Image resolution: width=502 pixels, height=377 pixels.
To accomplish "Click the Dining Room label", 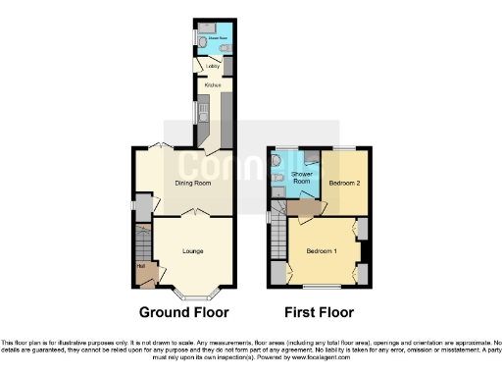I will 193,183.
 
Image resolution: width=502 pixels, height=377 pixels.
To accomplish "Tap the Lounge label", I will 192,250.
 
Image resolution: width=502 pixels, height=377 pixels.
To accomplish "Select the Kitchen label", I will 212,85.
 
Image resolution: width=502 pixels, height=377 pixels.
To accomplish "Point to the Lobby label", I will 211,67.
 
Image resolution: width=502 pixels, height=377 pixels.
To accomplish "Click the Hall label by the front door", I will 140,265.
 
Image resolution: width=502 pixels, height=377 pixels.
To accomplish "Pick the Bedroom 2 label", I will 344,183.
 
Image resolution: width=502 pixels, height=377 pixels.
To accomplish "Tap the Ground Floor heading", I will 183,312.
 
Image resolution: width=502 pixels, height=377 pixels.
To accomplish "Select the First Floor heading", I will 319,312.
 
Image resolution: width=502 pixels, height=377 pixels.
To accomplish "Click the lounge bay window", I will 192,293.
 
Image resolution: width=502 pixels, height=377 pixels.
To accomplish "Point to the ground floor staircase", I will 142,242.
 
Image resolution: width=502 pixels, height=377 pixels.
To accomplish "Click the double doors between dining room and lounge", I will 192,213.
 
